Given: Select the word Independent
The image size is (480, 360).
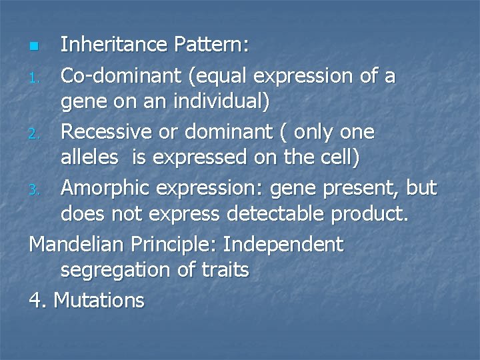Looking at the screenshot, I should click(283, 244).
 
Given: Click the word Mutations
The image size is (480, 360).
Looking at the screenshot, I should click(99, 300).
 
